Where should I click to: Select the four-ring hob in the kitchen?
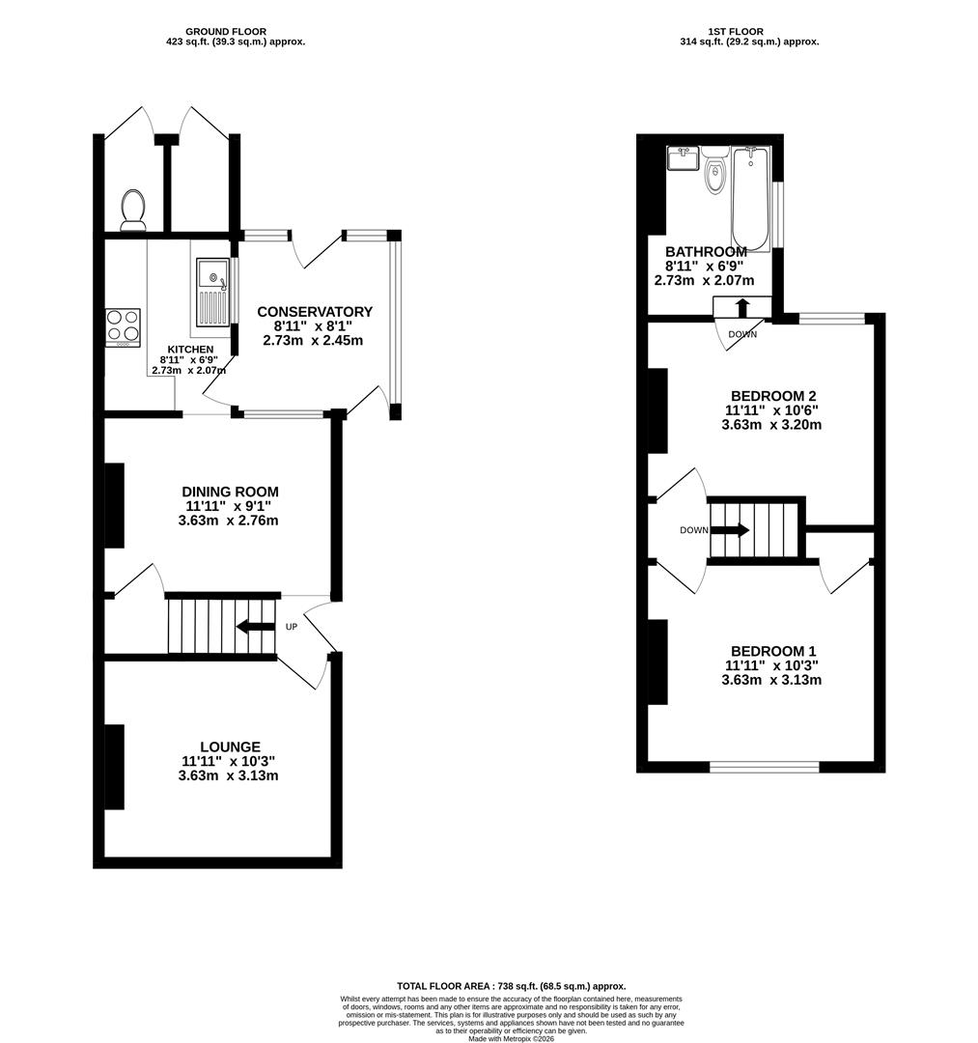click(x=123, y=327)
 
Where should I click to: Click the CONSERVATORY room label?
click(x=314, y=312)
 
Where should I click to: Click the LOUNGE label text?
click(x=230, y=747)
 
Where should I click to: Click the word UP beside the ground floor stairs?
click(x=291, y=627)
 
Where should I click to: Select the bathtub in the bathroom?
click(x=750, y=198)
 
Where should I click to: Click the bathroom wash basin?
click(x=683, y=157)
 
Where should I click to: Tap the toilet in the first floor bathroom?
click(x=714, y=175)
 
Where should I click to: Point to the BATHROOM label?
click(x=705, y=252)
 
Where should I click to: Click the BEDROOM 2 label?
click(x=773, y=396)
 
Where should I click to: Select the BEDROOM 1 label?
click(x=773, y=651)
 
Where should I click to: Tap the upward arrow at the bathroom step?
click(x=742, y=308)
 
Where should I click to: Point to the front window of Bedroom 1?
click(x=765, y=767)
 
